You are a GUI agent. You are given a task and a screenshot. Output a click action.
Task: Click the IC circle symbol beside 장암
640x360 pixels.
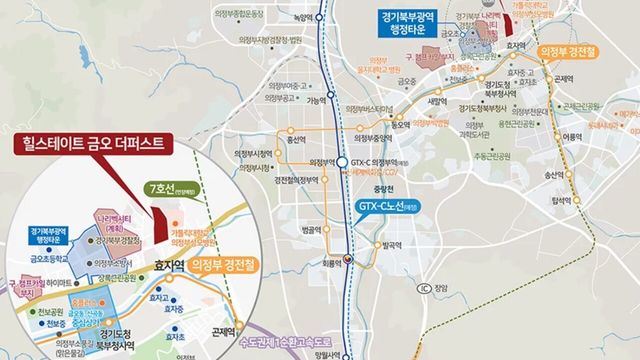423,291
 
